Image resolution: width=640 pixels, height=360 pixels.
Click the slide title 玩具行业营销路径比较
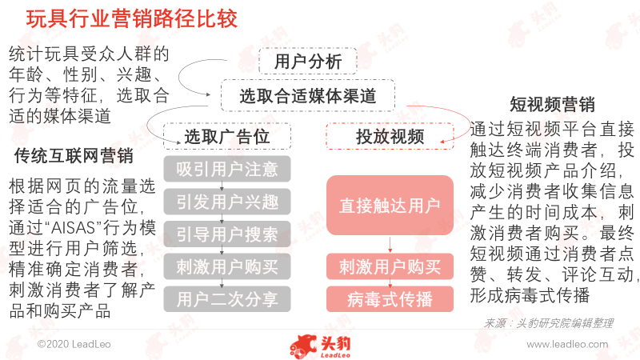[x=131, y=18]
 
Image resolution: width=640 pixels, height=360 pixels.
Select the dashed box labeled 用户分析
[x=308, y=62]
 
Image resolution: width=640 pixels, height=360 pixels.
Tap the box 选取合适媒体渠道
[x=308, y=96]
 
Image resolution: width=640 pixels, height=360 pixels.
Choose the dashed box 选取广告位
[x=227, y=136]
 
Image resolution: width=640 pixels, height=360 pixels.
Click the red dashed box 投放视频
[x=390, y=136]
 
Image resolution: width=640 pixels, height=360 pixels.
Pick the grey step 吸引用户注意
[x=227, y=169]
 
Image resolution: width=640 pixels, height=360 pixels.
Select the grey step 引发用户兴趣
[x=227, y=202]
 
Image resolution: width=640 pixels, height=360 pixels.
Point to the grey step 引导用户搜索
[x=227, y=234]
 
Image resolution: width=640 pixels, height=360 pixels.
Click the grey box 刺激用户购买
[x=227, y=267]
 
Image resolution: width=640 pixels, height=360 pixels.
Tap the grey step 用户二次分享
[x=227, y=299]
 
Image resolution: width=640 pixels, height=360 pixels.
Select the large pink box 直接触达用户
[x=390, y=206]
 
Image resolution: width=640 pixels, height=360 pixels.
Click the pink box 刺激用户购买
[x=390, y=267]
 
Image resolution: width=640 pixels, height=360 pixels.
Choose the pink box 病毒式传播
[x=390, y=299]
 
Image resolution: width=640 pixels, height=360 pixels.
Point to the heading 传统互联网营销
[x=74, y=155]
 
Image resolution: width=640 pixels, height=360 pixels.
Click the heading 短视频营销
[x=552, y=104]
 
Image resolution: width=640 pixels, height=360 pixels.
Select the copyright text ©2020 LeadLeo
[x=74, y=344]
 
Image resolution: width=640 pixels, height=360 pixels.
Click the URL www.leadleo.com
[x=567, y=344]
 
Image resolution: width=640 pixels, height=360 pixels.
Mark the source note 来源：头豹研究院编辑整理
[x=548, y=323]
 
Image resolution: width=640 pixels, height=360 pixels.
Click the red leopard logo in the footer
[x=304, y=346]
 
